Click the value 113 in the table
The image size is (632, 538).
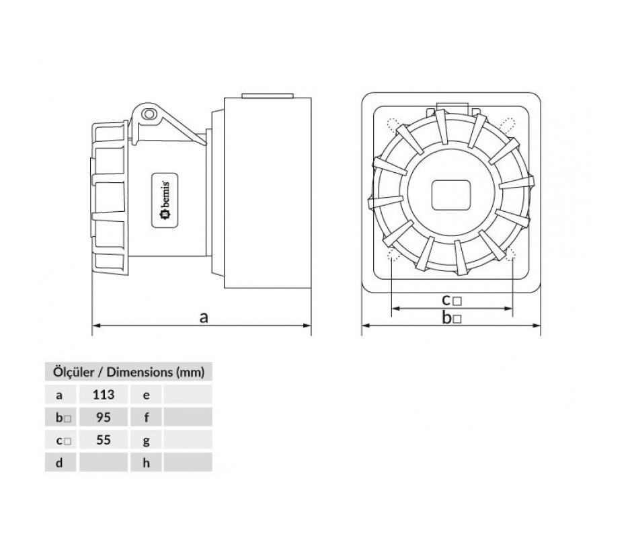104,394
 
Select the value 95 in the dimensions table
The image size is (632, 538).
104,417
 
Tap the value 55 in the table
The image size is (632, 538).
104,440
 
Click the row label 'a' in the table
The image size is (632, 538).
59,395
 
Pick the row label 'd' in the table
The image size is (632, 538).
59,463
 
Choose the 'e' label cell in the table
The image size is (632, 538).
147,395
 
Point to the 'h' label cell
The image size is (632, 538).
147,463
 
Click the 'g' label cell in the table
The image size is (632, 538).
147,440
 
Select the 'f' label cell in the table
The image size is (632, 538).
147,417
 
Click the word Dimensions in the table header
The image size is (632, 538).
139,372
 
